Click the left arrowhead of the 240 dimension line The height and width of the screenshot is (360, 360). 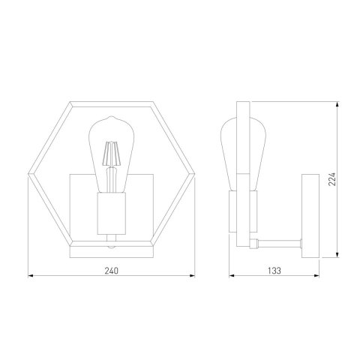pyautogui.click(x=31, y=276)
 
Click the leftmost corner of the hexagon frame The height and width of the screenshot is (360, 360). pyautogui.click(x=29, y=174)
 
